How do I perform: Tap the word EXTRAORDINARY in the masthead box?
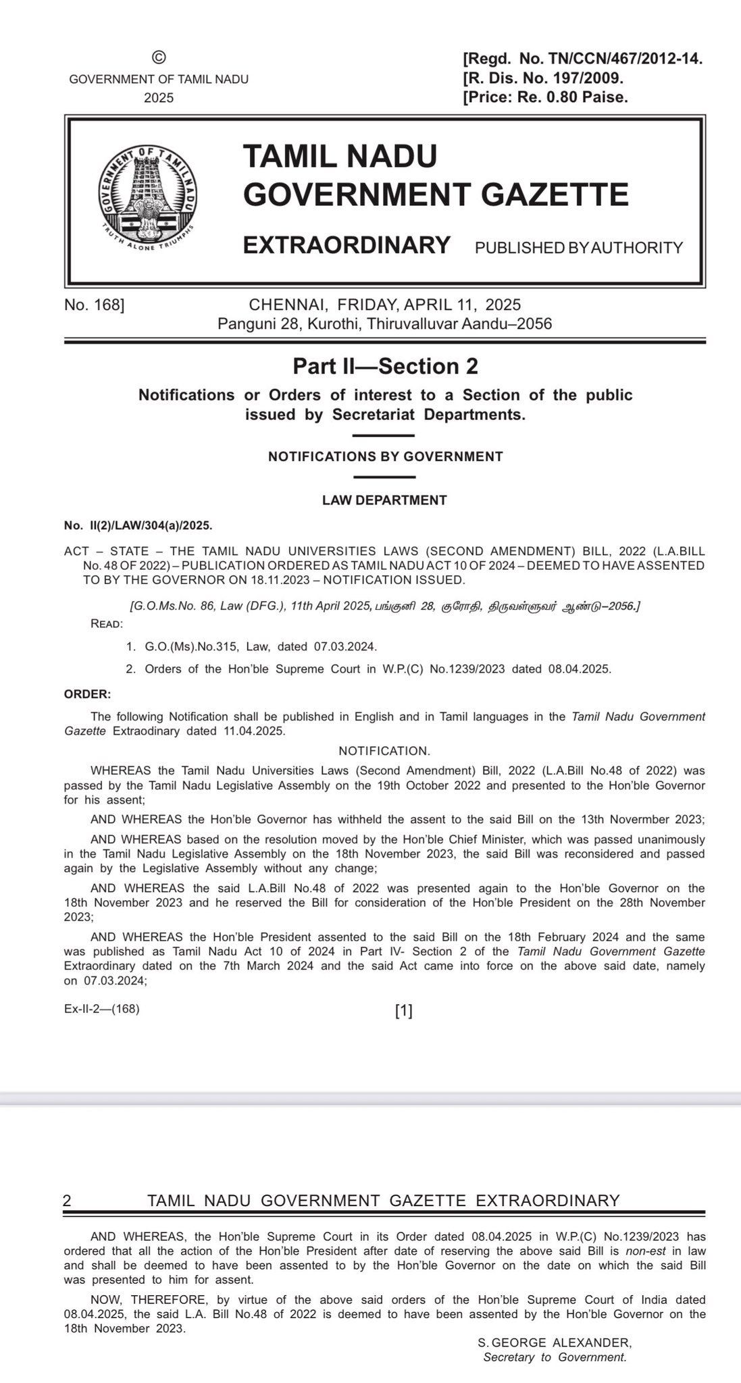(347, 244)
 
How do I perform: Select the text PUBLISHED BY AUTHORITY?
(579, 248)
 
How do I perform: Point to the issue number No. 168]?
(95, 305)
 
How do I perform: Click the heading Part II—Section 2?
(385, 366)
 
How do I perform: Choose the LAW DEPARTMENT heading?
(384, 500)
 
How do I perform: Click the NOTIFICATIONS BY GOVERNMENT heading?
(385, 456)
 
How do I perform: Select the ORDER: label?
(88, 694)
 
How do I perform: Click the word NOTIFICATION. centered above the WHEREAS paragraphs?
(384, 751)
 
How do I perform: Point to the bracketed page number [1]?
(403, 1011)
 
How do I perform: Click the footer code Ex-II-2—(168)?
(102, 1010)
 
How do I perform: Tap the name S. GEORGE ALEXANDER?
(555, 1343)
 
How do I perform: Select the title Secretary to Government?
(555, 1357)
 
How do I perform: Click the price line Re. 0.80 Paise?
(545, 97)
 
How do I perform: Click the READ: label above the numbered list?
(107, 623)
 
